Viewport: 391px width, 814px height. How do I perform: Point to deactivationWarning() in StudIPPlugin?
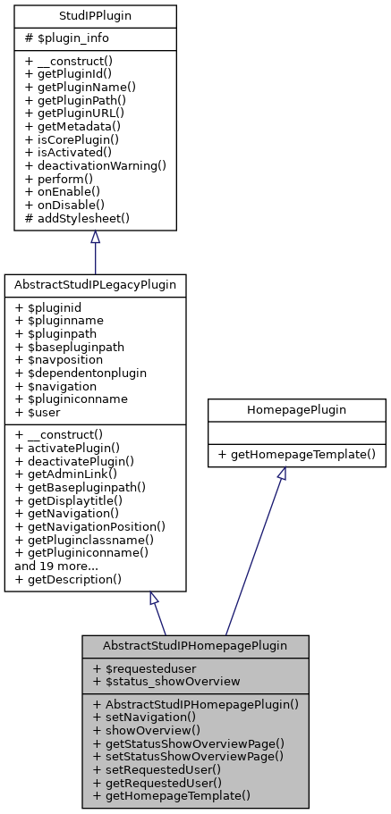[96, 165]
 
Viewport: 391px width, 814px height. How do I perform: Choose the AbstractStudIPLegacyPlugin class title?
[95, 285]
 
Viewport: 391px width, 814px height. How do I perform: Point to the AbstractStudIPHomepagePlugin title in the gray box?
[195, 645]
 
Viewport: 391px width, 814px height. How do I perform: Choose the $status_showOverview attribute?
[166, 681]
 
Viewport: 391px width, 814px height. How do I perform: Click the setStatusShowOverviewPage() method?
[188, 755]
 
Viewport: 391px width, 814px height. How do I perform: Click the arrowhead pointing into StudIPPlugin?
[95, 238]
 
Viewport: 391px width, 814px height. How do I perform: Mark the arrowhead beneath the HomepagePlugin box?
[282, 474]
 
